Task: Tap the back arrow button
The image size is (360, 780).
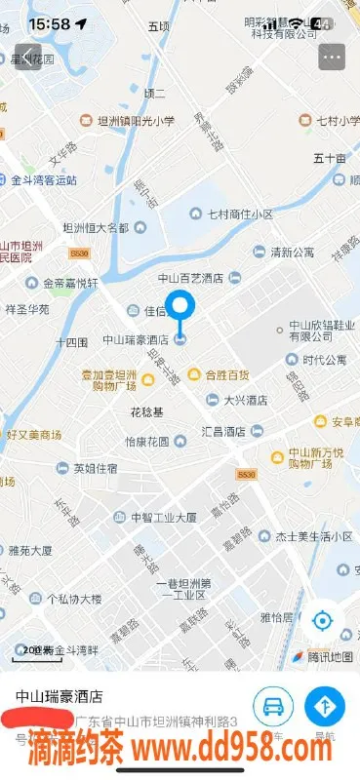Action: click(27, 57)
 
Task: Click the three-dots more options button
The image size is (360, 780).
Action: click(332, 57)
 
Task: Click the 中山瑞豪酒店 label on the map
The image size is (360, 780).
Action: click(137, 340)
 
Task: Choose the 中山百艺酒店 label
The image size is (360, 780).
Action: click(191, 278)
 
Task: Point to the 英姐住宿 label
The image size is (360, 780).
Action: click(96, 468)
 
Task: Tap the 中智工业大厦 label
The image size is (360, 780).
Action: click(164, 517)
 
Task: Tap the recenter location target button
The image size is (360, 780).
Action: click(323, 620)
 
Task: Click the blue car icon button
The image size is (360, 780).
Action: click(274, 707)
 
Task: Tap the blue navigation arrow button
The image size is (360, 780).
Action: click(325, 707)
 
